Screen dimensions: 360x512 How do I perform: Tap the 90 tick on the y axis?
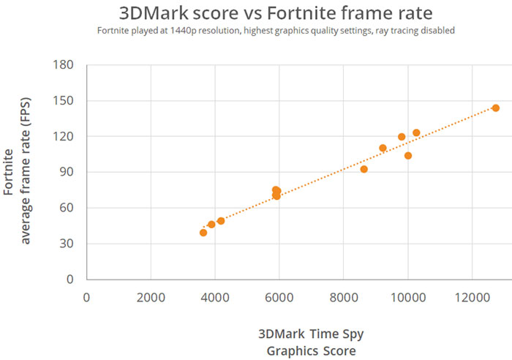67,172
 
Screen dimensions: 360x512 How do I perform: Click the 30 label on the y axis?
67,244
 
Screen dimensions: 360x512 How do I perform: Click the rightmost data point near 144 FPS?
495,108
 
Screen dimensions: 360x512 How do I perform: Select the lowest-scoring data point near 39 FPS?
203,233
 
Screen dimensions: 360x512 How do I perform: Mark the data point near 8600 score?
364,169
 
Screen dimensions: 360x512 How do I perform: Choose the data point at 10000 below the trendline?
408,156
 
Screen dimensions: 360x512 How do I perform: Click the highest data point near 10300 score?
416,133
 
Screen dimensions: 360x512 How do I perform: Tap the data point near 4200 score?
221,221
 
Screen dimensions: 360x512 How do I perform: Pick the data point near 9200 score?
383,148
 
